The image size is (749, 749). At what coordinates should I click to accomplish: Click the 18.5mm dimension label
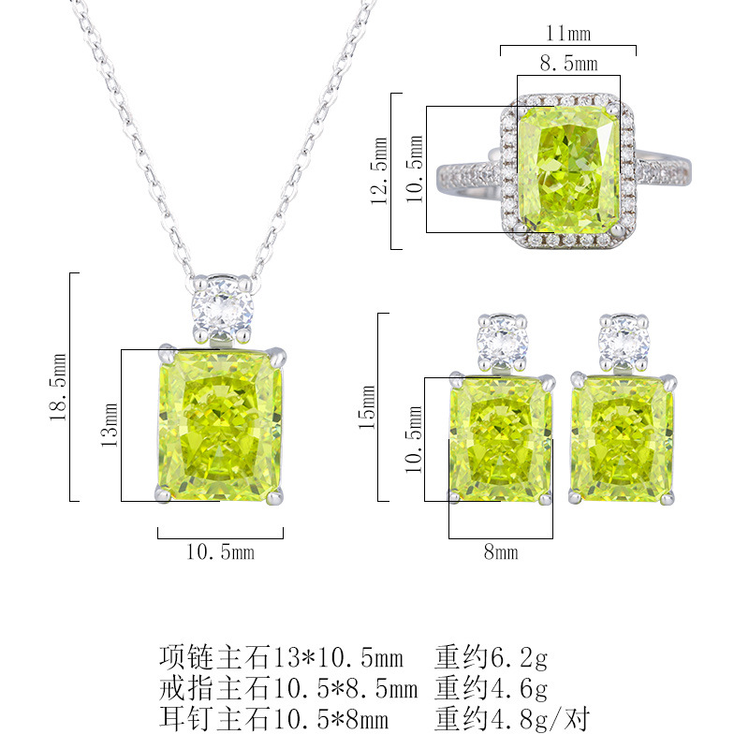57,387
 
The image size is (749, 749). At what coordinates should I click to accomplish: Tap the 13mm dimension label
109,424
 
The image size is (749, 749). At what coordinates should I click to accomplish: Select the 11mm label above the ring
568,34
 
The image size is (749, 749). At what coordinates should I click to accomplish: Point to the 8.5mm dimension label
568,63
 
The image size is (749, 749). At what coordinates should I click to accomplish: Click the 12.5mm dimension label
379,171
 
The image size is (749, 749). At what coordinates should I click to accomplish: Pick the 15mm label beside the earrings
367,407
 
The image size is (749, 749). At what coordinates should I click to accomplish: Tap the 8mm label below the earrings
501,552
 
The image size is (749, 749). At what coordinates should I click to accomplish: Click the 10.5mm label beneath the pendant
220,552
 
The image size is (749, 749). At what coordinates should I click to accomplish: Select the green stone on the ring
569,170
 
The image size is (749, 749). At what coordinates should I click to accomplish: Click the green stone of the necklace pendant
221,425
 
